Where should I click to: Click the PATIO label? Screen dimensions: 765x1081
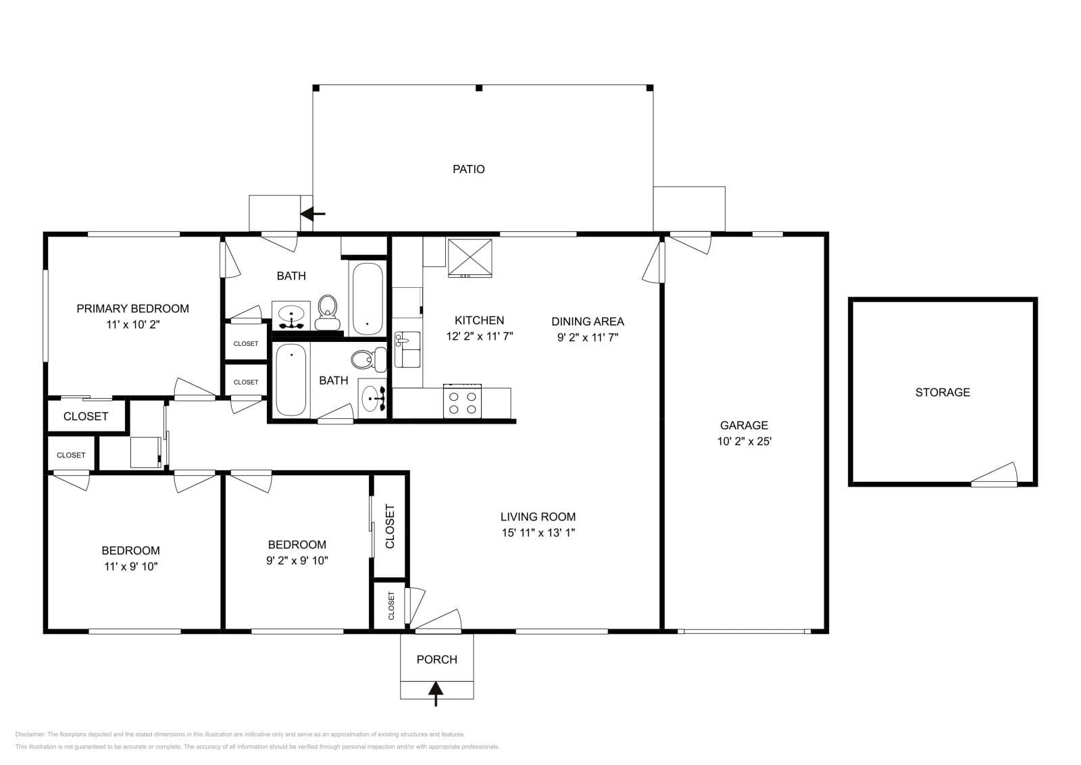coord(468,169)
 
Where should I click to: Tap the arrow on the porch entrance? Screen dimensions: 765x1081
coord(436,692)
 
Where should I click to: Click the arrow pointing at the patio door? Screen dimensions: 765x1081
coord(313,214)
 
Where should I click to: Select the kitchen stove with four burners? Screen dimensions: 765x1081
coord(462,401)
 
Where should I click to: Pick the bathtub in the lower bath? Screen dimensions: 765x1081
coord(291,380)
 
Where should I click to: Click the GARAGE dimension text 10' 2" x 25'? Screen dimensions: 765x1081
coord(744,441)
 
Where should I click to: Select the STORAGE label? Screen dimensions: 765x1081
coord(942,392)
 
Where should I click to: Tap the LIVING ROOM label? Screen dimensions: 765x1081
coord(538,517)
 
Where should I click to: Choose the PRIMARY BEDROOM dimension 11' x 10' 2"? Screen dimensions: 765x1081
coord(132,324)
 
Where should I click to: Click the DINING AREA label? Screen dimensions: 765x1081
coord(587,321)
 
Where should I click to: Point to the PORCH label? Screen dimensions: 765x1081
coord(436,660)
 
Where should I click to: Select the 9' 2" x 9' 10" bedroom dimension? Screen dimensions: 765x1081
coord(297,560)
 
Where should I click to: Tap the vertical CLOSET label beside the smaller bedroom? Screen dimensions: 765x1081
coord(390,526)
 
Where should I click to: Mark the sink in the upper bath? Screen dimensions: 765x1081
coord(292,315)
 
